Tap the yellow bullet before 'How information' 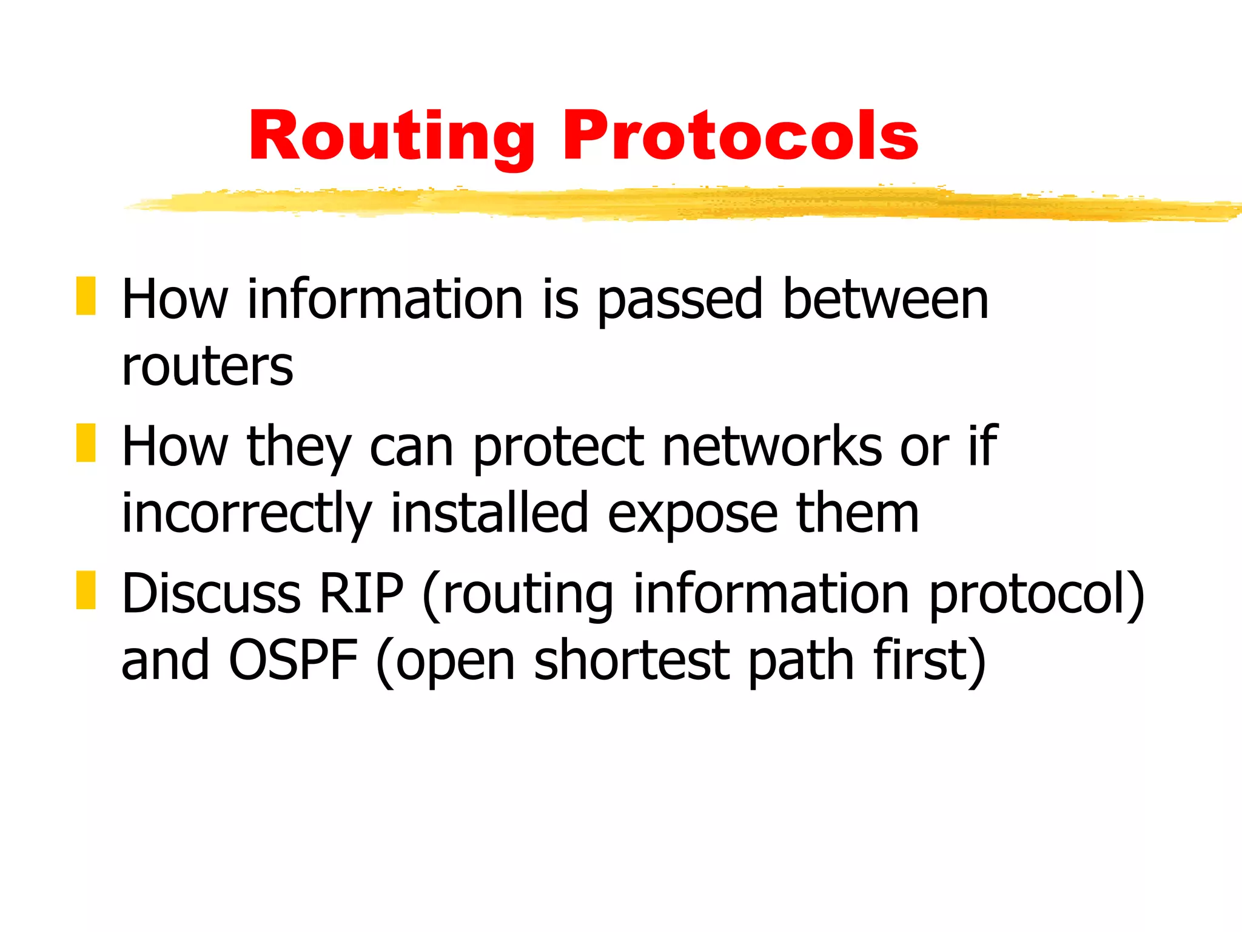[x=86, y=296]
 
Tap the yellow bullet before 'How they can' [x=86, y=443]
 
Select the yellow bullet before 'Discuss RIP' [x=86, y=590]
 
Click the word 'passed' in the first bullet [x=679, y=300]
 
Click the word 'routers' [x=207, y=366]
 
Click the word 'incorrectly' [x=246, y=515]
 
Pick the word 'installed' [x=489, y=513]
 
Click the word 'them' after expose [x=858, y=513]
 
